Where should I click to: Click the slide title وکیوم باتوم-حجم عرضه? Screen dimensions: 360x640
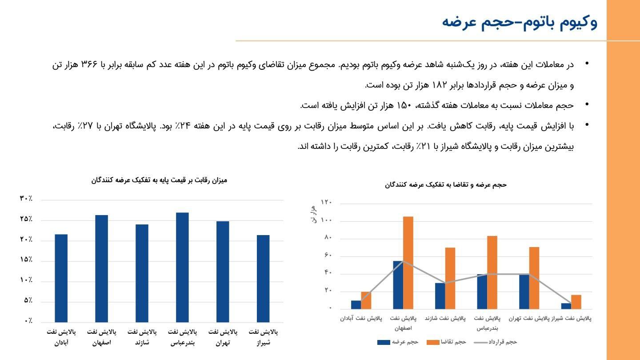pos(520,22)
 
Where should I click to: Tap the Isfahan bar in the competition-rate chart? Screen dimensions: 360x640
pos(101,268)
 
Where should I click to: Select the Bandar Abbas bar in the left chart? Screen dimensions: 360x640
pos(182,267)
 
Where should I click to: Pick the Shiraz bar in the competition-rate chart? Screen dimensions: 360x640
pos(263,278)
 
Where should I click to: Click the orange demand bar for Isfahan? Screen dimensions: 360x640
pos(408,262)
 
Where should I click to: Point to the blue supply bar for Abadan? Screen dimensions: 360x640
pos(356,304)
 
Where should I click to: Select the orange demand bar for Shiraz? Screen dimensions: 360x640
pos(576,302)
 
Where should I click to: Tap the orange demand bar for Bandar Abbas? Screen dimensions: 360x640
pos(492,272)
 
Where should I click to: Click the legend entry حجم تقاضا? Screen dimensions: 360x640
pos(446,342)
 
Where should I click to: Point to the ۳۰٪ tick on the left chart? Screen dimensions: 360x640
pos(26,199)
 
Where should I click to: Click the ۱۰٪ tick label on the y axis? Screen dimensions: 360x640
pos(26,280)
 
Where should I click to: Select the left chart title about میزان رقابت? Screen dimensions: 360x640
pos(159,180)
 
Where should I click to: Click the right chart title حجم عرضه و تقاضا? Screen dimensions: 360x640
pos(446,184)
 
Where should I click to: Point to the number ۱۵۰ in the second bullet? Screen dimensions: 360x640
pos(404,106)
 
